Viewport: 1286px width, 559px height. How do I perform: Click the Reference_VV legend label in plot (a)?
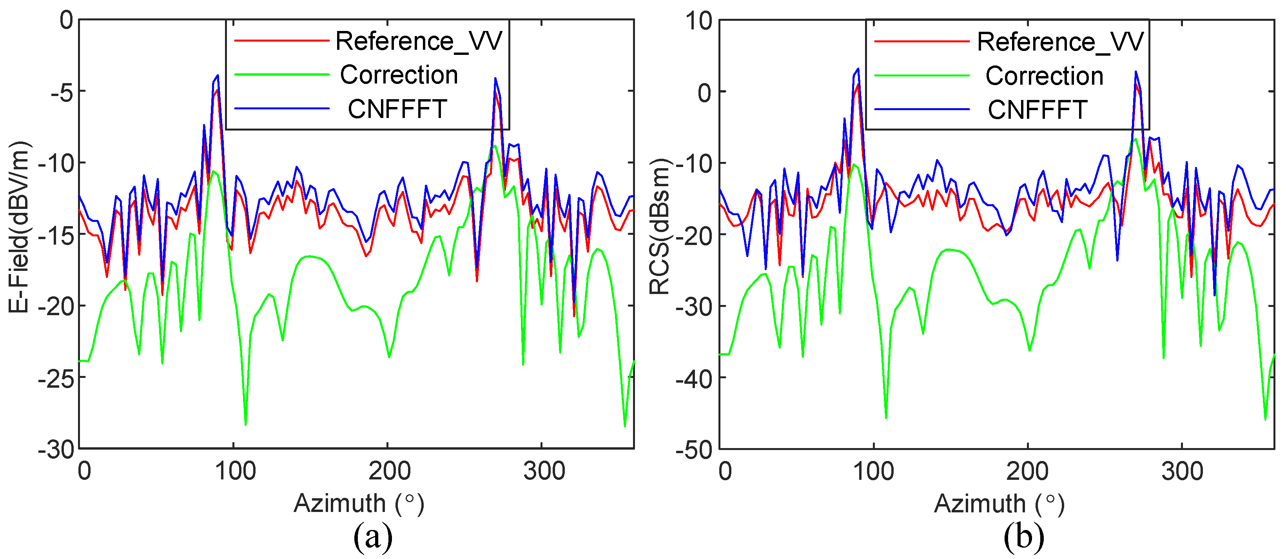coord(418,41)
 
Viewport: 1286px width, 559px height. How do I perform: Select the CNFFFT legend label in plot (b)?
coord(1038,110)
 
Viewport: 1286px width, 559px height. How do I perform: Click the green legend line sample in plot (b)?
coord(921,76)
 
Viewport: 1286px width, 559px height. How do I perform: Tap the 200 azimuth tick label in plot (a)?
coord(389,471)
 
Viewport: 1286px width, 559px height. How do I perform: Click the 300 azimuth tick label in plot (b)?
coord(1182,471)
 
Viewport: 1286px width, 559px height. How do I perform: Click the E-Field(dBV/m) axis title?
coord(19,227)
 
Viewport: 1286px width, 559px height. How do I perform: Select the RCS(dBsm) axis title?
coord(659,227)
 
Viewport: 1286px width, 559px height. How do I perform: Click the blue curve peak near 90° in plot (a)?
coord(218,75)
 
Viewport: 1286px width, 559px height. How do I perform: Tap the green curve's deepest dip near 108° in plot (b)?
coord(886,417)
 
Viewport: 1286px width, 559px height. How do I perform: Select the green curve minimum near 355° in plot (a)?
coord(624,426)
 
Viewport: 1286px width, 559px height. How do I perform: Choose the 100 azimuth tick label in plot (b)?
coord(873,471)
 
